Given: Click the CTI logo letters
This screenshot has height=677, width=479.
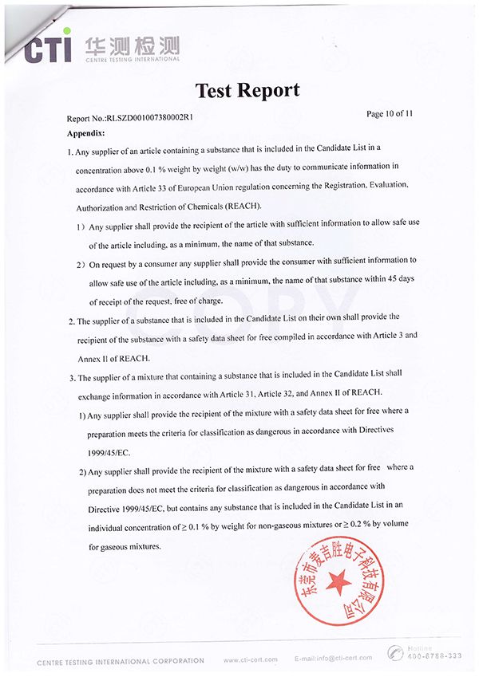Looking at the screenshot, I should click(48, 47).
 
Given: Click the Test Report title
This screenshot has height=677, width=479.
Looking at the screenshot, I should click(247, 89).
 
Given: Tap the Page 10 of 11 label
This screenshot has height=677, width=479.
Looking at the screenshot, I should click(390, 114).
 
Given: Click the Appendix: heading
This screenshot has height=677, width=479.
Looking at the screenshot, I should click(86, 132).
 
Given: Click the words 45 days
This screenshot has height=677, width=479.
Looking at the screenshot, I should click(400, 281).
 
